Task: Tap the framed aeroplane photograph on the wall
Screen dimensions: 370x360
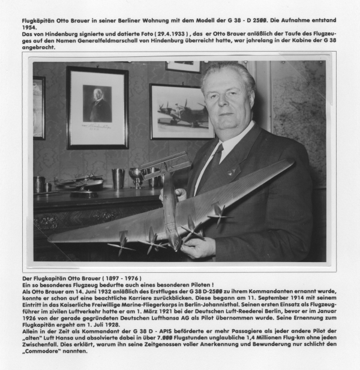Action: coord(181,111)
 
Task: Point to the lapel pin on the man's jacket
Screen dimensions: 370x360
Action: coord(230,173)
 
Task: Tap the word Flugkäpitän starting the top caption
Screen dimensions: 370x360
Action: coord(28,20)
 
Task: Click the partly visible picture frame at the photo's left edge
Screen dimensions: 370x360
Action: coord(38,108)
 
